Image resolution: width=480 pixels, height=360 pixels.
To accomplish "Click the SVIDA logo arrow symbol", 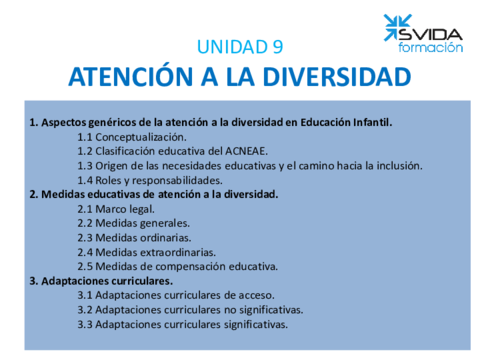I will pos(396,28).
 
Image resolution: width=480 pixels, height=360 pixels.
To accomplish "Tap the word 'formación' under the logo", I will pos(431,47).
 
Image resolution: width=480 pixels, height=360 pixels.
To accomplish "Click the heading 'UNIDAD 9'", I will pos(240,46).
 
